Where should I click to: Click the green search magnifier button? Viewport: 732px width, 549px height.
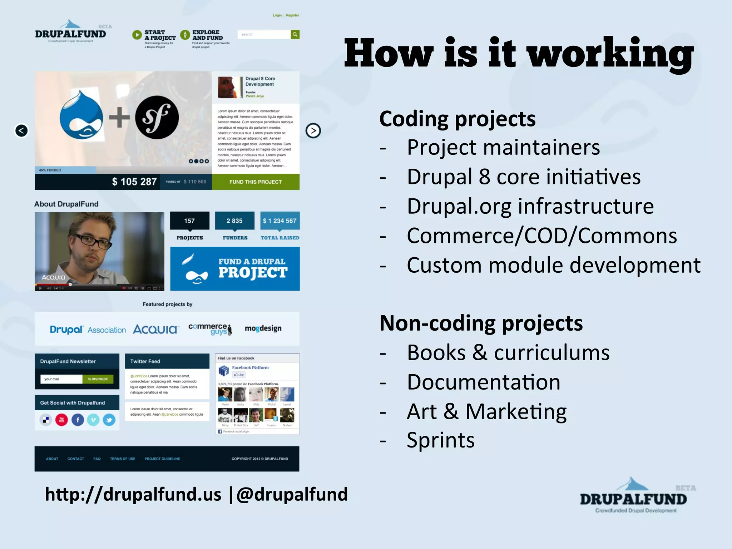(x=295, y=34)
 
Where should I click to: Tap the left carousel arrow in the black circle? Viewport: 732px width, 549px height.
(x=21, y=130)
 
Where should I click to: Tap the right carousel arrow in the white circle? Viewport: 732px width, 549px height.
(x=313, y=130)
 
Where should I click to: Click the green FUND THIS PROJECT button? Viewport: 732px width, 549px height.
(x=256, y=182)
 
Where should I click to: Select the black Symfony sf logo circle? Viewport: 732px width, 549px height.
(x=157, y=117)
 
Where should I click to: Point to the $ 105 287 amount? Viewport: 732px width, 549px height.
(x=134, y=182)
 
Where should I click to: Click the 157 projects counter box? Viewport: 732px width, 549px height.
(x=189, y=221)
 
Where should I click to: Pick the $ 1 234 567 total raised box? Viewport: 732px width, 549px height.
(x=280, y=221)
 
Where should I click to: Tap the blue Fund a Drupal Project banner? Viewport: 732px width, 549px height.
(x=235, y=268)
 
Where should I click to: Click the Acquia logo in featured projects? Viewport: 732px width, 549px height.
(x=155, y=329)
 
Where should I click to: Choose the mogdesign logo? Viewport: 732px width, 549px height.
(x=263, y=328)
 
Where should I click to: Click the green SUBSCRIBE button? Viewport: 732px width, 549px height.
(x=98, y=379)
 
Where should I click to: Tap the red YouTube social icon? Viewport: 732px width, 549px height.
(x=61, y=420)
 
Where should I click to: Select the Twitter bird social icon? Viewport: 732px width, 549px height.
(x=109, y=420)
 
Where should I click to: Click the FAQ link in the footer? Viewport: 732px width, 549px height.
(x=97, y=459)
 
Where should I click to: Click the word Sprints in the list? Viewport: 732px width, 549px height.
(x=440, y=440)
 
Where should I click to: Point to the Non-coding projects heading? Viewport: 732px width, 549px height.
(x=481, y=323)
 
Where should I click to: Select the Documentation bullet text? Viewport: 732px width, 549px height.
(x=483, y=382)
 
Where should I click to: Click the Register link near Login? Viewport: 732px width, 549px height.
(x=292, y=15)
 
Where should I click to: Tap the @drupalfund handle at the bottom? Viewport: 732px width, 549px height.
(x=292, y=494)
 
